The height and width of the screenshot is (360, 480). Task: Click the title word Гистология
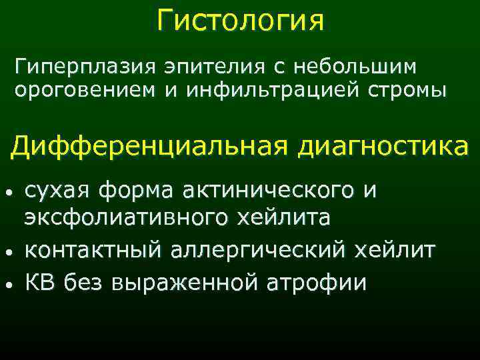point(241,20)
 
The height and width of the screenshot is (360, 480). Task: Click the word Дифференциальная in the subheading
point(143,145)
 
